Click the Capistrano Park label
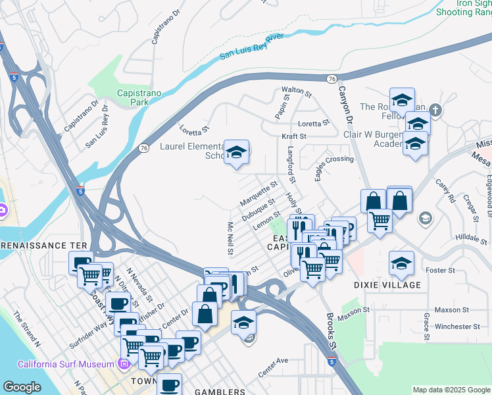click(138, 98)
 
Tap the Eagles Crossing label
click(333, 159)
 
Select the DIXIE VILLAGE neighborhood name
click(387, 285)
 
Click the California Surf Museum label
click(65, 364)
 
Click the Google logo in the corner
click(22, 387)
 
